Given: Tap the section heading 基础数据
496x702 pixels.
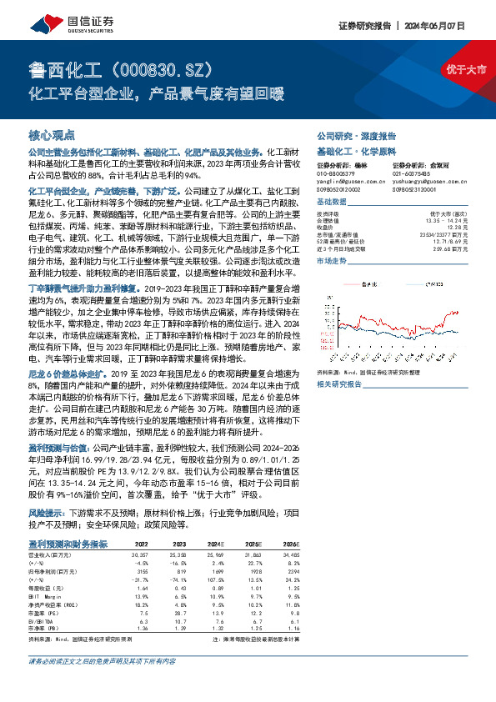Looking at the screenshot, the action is pos(330,203).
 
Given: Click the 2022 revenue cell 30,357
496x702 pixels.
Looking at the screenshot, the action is pos(139,553).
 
